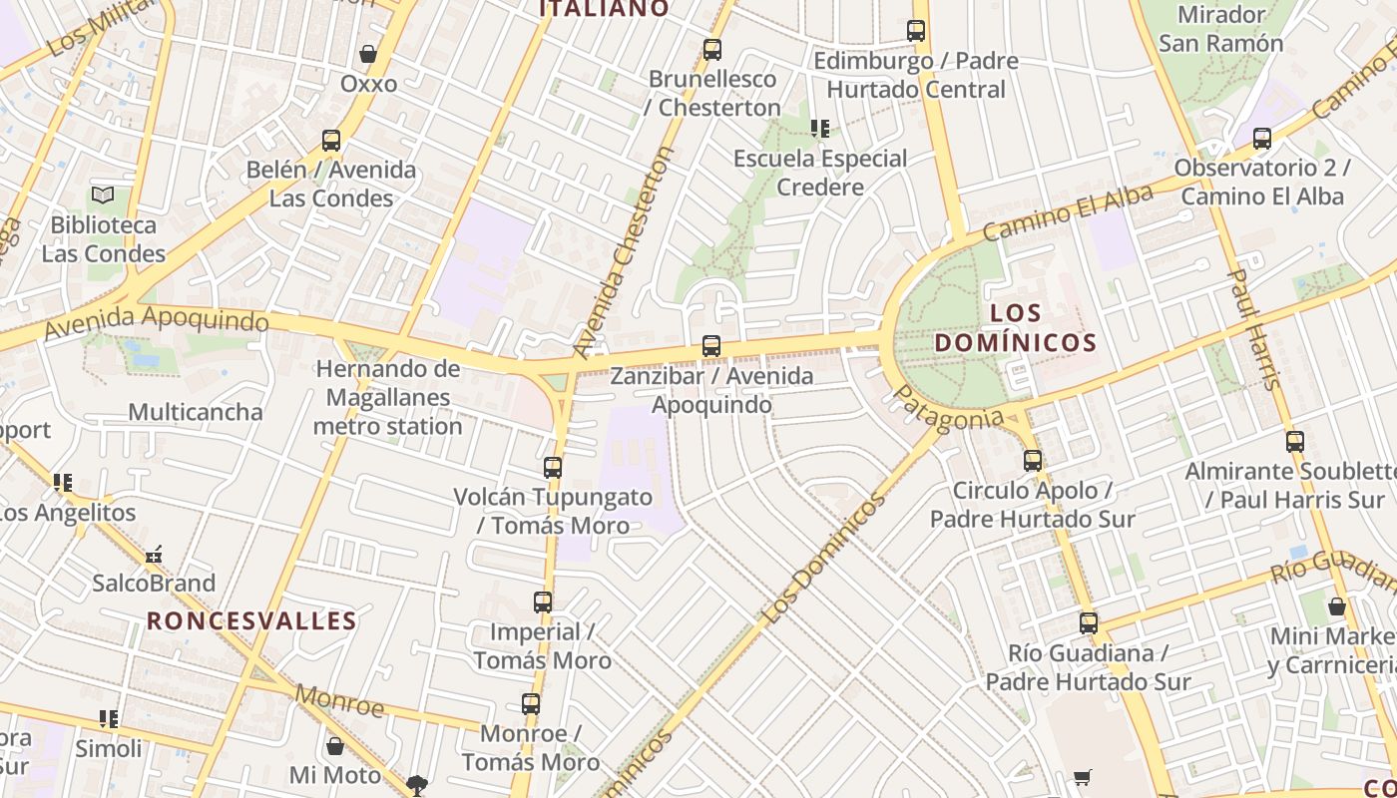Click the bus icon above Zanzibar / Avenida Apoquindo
pyautogui.click(x=711, y=346)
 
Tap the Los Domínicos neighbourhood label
pyautogui.click(x=1016, y=328)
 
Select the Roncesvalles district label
pyautogui.click(x=251, y=620)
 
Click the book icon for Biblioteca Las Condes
pyautogui.click(x=103, y=195)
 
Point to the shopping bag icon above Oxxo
pyautogui.click(x=368, y=54)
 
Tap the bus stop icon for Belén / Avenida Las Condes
pyautogui.click(x=331, y=141)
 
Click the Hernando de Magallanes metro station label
pyautogui.click(x=387, y=397)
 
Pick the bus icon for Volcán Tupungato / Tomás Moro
pyautogui.click(x=553, y=467)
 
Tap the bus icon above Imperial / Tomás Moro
pyautogui.click(x=543, y=601)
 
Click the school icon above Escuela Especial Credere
pyautogui.click(x=820, y=128)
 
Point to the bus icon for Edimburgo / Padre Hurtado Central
pyautogui.click(x=916, y=31)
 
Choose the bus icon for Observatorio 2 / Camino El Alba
pyautogui.click(x=1262, y=139)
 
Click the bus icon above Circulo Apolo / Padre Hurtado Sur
pyautogui.click(x=1033, y=461)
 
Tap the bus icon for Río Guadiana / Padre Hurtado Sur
pyautogui.click(x=1089, y=623)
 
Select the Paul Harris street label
pyautogui.click(x=1252, y=329)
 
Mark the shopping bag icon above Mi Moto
pyautogui.click(x=335, y=746)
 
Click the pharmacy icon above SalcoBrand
pyautogui.click(x=154, y=555)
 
